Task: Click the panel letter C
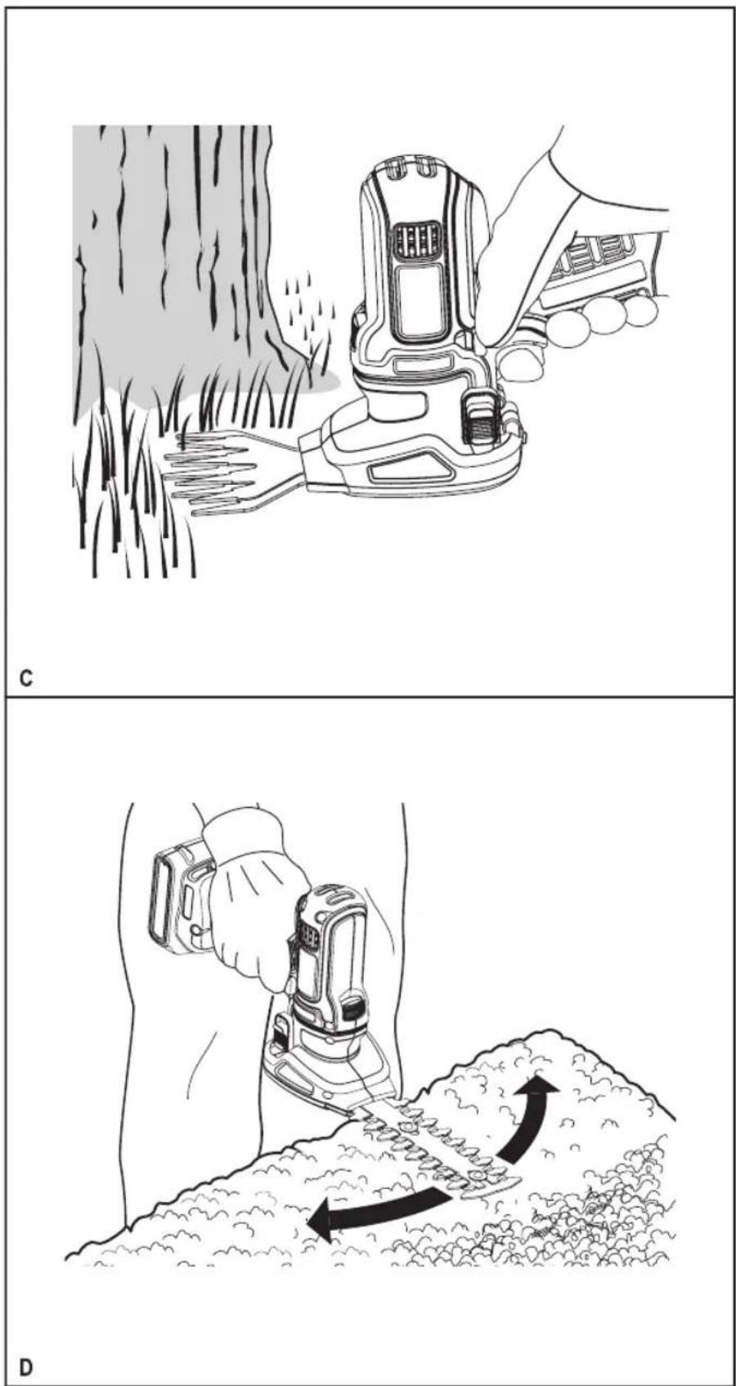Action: click(25, 679)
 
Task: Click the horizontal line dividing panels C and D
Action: click(368, 698)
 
